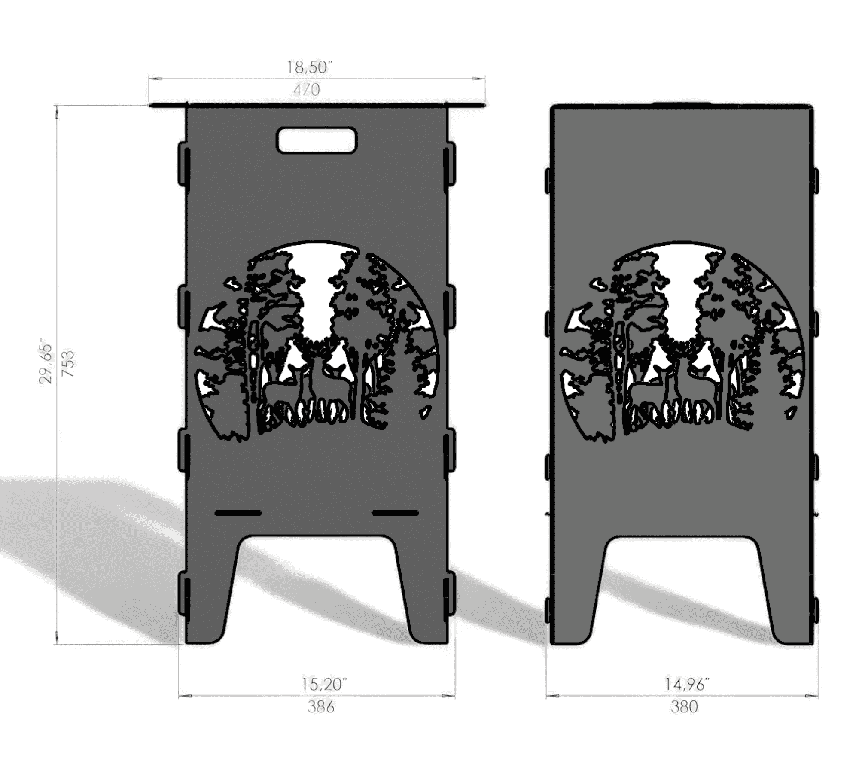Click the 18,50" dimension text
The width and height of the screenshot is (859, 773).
310,67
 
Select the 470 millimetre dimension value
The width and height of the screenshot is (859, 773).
306,90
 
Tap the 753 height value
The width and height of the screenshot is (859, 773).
68,363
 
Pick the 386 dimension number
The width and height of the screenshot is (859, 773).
320,707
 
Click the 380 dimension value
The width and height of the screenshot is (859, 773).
684,707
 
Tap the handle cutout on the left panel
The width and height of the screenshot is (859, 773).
317,140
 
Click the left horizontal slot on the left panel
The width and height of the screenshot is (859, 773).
238,513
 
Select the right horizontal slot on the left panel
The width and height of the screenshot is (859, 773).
395,513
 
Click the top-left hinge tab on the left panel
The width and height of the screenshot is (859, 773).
184,165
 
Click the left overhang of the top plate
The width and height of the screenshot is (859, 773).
168,105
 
